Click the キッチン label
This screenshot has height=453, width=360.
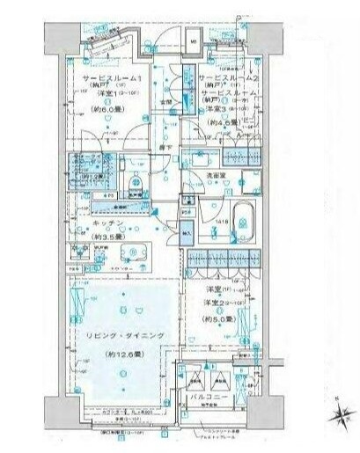tap(107, 224)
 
